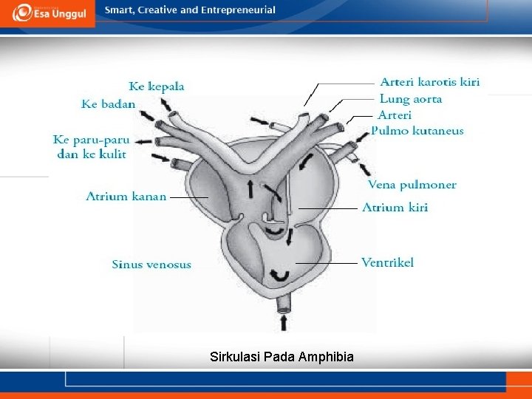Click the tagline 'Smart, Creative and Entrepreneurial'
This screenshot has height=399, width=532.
(190, 10)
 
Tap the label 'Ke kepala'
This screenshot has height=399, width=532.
(157, 86)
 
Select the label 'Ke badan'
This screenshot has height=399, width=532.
(108, 104)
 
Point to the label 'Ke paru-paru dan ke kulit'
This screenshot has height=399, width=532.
(91, 146)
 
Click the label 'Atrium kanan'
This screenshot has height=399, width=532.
(126, 197)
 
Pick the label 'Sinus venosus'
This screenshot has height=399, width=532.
(151, 264)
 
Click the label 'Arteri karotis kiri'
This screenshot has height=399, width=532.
(429, 82)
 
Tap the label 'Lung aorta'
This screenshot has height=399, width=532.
(411, 99)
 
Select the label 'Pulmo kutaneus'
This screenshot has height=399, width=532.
(417, 131)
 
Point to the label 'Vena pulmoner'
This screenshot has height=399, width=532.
(412, 185)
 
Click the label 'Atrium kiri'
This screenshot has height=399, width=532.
(395, 208)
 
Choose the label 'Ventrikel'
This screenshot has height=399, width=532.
(387, 262)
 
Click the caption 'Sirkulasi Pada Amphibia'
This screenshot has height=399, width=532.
(282, 357)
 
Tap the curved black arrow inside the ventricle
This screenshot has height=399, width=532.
(281, 276)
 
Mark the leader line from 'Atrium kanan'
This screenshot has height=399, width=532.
(188, 197)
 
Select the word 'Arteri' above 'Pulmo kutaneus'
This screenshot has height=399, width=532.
(395, 115)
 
